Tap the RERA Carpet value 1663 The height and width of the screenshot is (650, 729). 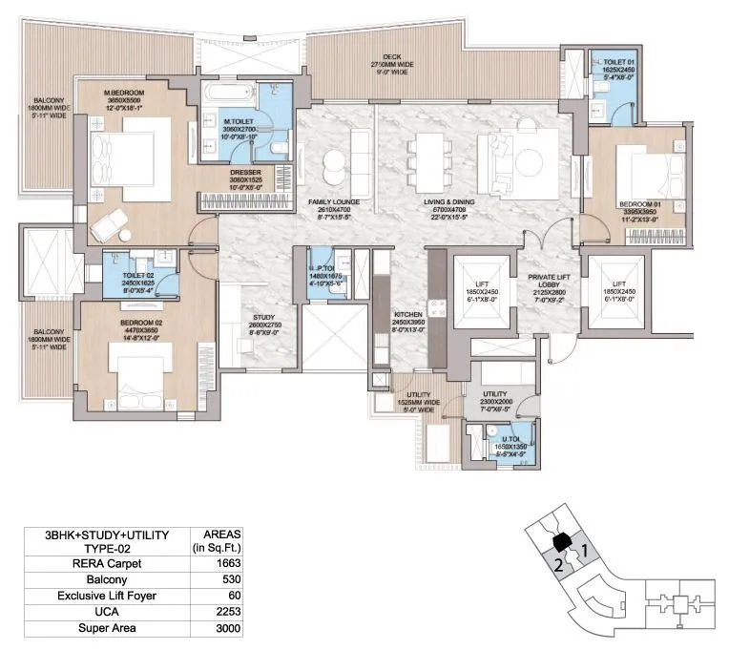coord(228,564)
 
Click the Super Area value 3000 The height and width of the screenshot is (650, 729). coord(228,629)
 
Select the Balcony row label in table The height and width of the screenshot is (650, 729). coord(108,580)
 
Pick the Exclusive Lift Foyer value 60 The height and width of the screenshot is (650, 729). coord(228,597)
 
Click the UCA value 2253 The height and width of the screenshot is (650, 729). coord(228,613)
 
